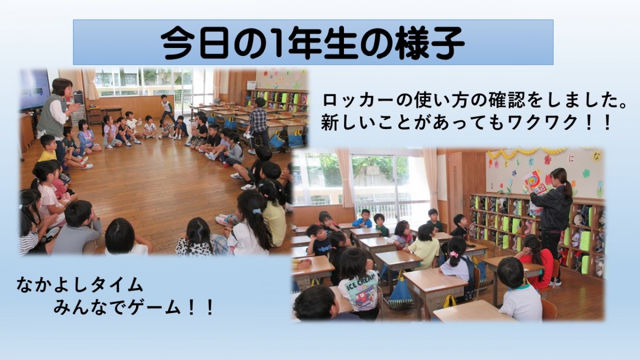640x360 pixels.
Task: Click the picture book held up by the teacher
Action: [534, 182]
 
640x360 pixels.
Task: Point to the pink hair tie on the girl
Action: [454, 254]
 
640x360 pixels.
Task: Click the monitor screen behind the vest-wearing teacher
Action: [34, 89]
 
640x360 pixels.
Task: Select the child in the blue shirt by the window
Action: [363, 219]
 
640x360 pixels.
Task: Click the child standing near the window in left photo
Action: [166, 108]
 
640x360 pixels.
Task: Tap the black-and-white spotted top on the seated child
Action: [195, 247]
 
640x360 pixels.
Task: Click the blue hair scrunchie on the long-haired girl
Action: [257, 211]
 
